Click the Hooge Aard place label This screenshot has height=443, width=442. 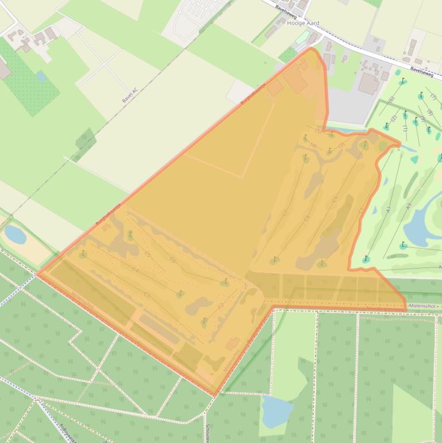pyautogui.click(x=302, y=24)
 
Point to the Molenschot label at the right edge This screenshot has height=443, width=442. pyautogui.click(x=424, y=304)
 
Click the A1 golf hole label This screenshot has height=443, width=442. pyautogui.click(x=389, y=211)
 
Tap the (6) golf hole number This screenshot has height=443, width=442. pyautogui.click(x=391, y=100)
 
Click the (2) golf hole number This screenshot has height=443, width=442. pyautogui.click(x=394, y=119)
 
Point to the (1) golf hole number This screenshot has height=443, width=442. pyautogui.click(x=405, y=128)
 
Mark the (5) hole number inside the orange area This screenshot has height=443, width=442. pyautogui.click(x=317, y=131)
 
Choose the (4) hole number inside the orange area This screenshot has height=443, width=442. pyautogui.click(x=313, y=146)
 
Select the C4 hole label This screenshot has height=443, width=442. pyautogui.click(x=136, y=269)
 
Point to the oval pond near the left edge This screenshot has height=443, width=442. pyautogui.click(x=15, y=234)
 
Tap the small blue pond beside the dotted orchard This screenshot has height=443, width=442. pyautogui.click(x=41, y=75)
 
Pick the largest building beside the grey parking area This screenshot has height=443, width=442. pyautogui.click(x=368, y=85)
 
